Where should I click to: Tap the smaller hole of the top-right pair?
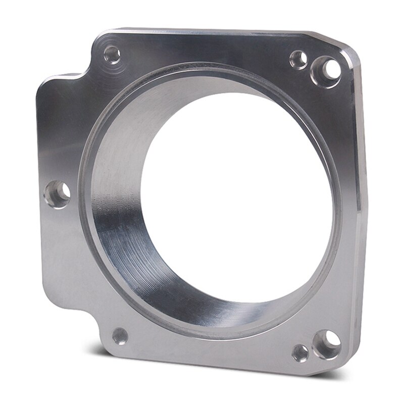pyautogui.click(x=298, y=60)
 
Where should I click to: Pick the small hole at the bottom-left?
pyautogui.click(x=120, y=333)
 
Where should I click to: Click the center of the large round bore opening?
pyautogui.click(x=237, y=202)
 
